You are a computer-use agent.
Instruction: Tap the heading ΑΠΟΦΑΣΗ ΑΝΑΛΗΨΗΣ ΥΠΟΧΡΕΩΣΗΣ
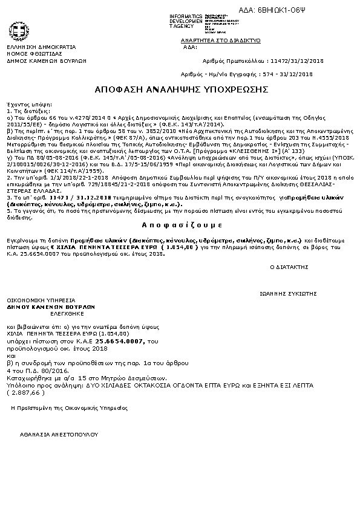point(181,89)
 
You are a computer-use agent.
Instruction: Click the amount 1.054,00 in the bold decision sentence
point(182,247)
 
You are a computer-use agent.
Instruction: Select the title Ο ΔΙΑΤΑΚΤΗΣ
point(289,266)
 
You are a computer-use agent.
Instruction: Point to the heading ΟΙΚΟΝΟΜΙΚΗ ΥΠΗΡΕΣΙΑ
point(41,300)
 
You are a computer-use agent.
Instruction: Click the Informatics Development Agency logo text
point(186,21)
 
